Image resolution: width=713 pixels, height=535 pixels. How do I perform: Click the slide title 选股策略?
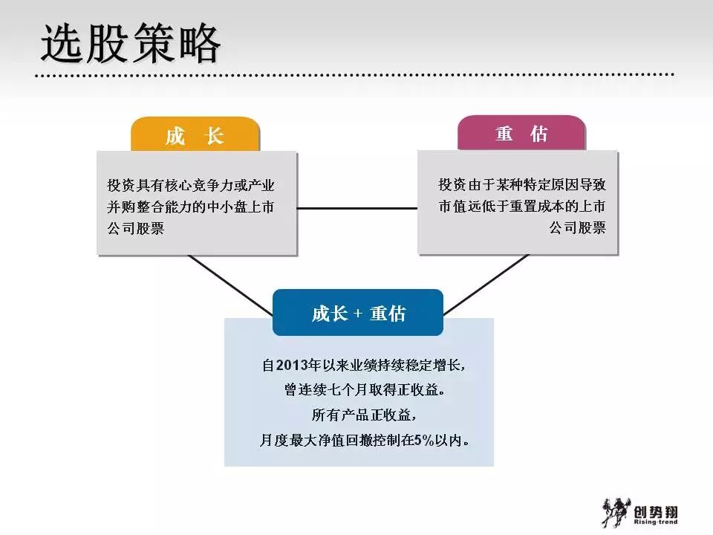[131, 45]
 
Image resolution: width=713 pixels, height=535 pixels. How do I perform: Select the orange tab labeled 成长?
[195, 136]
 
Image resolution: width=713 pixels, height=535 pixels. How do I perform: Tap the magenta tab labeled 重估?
[521, 134]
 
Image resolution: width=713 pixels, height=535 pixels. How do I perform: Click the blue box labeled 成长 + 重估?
[358, 313]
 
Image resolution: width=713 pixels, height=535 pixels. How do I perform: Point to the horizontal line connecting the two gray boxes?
[356, 208]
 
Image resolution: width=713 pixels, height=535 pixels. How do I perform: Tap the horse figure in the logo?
[613, 513]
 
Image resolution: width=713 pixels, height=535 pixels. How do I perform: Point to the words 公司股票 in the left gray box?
[135, 229]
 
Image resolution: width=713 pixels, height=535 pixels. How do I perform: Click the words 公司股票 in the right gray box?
[577, 228]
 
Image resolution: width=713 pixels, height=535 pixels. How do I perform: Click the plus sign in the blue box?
[358, 314]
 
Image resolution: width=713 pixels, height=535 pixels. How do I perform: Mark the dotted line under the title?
[356, 75]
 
